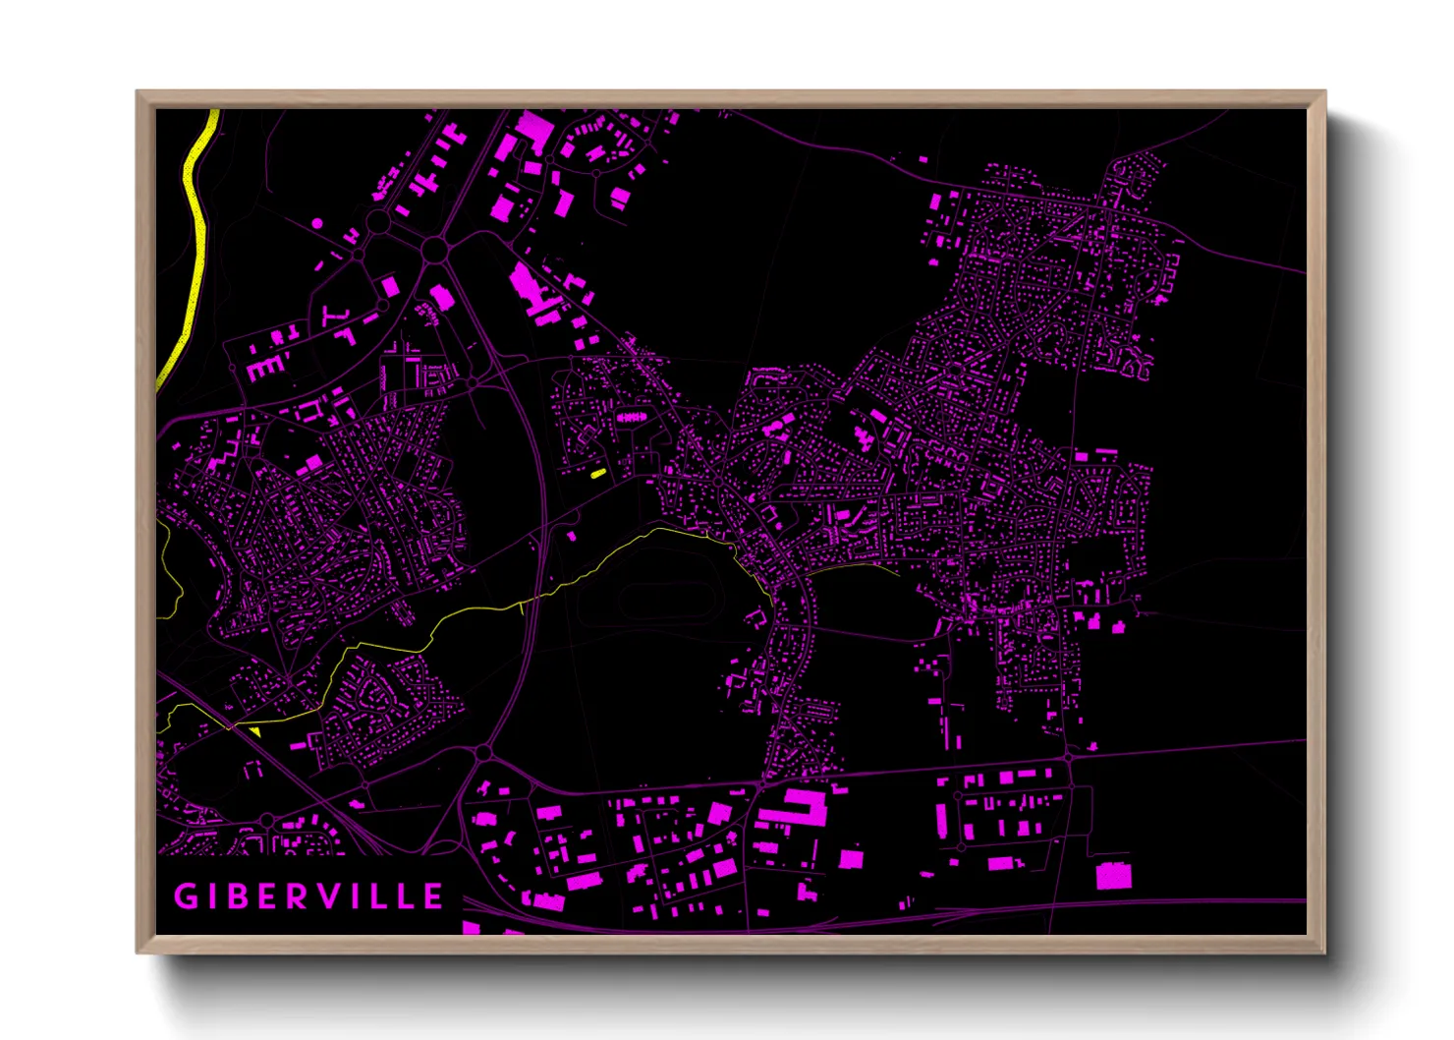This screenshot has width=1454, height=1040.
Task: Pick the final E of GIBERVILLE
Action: (432, 896)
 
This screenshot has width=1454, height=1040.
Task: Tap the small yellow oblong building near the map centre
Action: (598, 473)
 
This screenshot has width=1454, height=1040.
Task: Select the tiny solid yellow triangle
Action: (255, 731)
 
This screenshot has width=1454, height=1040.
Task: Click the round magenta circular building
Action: (317, 223)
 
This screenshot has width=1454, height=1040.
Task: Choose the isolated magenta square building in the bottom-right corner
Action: (1113, 875)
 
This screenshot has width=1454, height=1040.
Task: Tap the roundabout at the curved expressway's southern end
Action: (483, 753)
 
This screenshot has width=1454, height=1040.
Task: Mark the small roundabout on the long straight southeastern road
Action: (1068, 757)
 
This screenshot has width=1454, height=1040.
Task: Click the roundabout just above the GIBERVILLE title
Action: (267, 820)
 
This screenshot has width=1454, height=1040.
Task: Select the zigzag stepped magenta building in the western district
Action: (225, 456)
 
